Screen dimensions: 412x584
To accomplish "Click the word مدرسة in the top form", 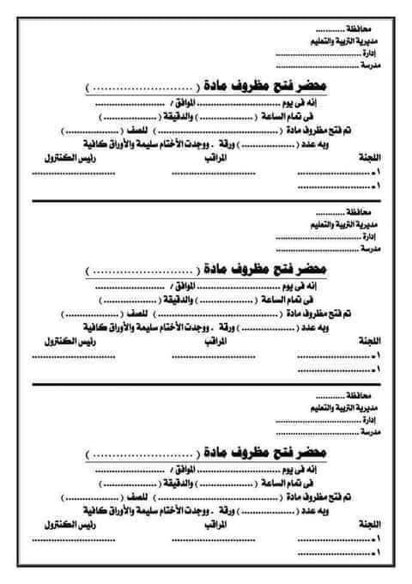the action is (x=370, y=64).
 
